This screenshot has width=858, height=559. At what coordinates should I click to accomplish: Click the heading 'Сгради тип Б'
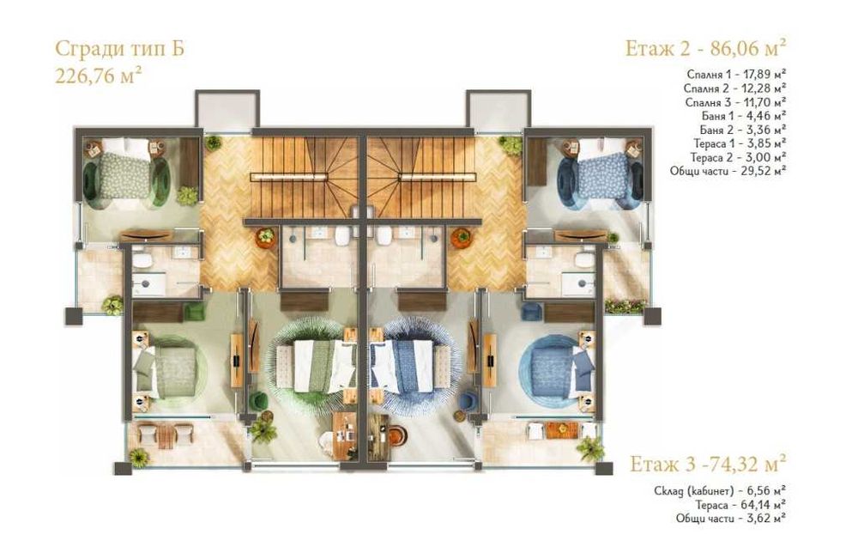point(119,48)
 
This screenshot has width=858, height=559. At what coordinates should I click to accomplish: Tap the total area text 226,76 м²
point(99,74)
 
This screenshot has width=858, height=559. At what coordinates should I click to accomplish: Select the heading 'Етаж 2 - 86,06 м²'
point(706,46)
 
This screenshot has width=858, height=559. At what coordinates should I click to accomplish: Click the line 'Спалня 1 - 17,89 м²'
point(737,74)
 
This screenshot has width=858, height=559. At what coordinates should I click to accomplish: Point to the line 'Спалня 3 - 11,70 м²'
point(737,101)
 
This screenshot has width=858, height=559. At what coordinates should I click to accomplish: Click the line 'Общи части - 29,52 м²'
point(728,170)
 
